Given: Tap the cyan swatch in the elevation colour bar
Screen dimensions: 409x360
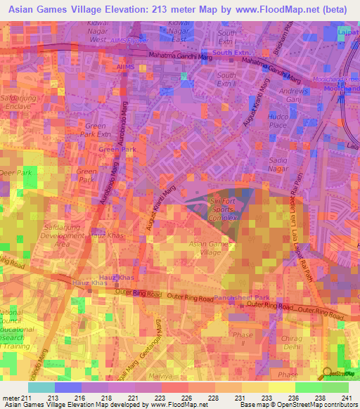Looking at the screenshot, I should click(41, 387).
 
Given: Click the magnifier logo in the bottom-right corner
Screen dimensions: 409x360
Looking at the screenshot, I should click(328, 372).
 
